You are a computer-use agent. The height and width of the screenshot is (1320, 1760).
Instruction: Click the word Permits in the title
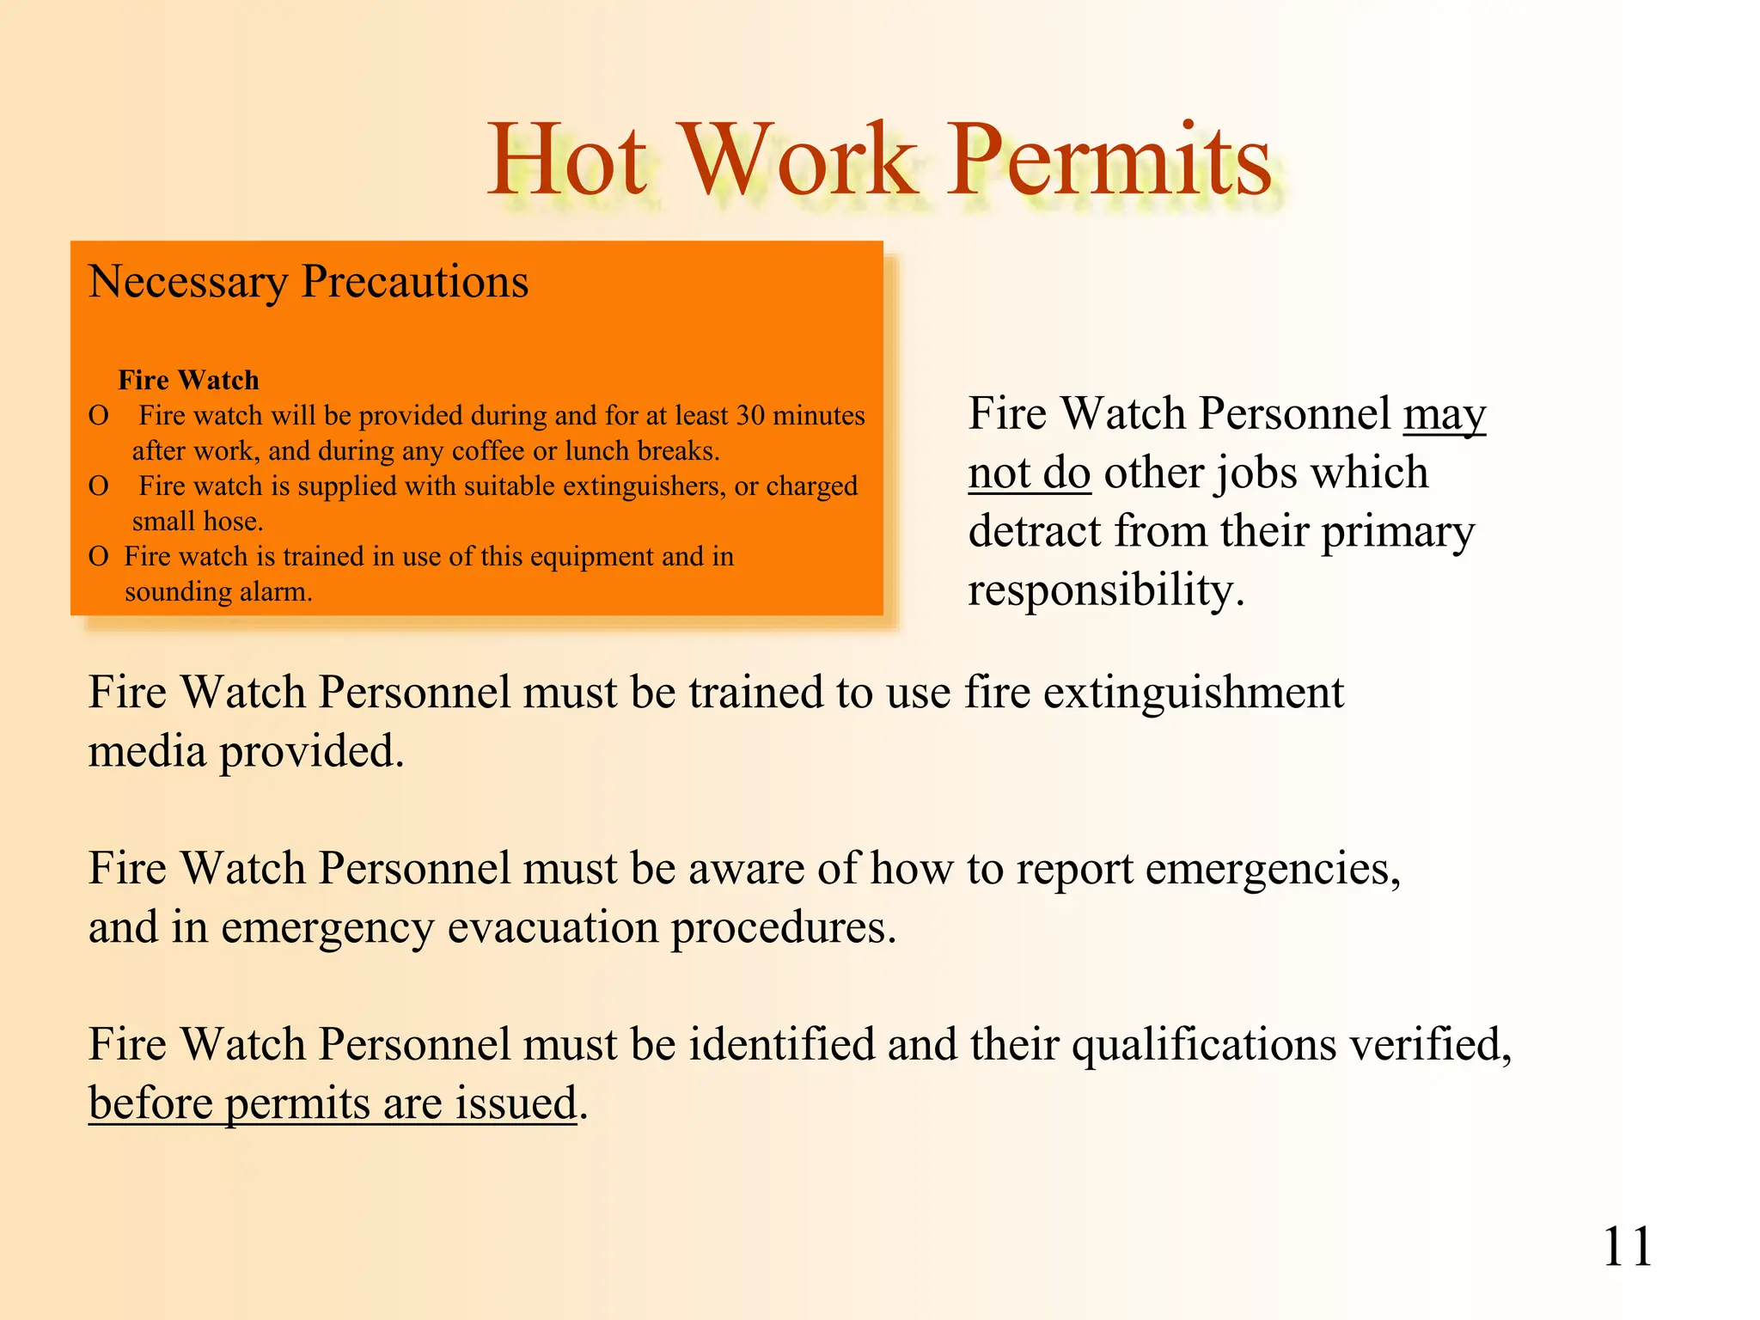point(1109,160)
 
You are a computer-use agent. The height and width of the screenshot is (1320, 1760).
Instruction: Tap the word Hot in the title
point(567,160)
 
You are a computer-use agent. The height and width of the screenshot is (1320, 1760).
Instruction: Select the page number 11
point(1627,1247)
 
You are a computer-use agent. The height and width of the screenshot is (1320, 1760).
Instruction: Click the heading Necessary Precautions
point(308,282)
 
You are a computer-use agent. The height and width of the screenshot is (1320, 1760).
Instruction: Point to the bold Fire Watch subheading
point(188,380)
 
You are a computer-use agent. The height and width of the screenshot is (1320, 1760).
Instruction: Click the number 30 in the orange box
point(750,416)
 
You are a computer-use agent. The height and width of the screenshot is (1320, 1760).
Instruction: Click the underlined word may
point(1445,416)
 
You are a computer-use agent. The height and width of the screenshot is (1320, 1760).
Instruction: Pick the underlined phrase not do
point(1030,474)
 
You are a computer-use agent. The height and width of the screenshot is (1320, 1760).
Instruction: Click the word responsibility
point(1105,591)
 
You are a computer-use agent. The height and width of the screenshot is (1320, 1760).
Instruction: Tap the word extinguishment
point(1193,693)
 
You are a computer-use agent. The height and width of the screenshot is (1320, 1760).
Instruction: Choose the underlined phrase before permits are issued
point(333,1103)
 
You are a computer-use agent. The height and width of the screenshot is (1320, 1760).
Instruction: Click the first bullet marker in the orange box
point(99,416)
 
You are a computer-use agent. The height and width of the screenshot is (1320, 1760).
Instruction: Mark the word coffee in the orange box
point(488,451)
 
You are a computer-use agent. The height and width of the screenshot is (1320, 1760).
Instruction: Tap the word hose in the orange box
point(232,522)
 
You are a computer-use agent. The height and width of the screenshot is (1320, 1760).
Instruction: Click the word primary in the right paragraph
point(1397,532)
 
